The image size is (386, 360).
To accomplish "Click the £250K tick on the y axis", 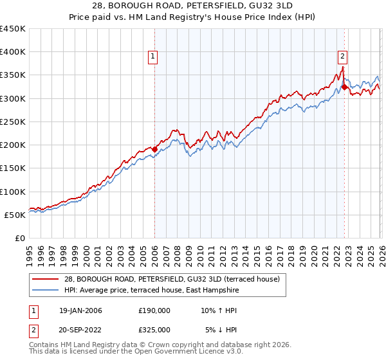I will point(13,122).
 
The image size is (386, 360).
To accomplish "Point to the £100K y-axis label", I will point(13,192).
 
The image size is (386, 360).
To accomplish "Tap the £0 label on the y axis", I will point(19,238).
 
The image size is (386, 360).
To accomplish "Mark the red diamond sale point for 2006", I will point(154,149).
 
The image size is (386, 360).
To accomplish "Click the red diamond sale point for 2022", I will point(344,87).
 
